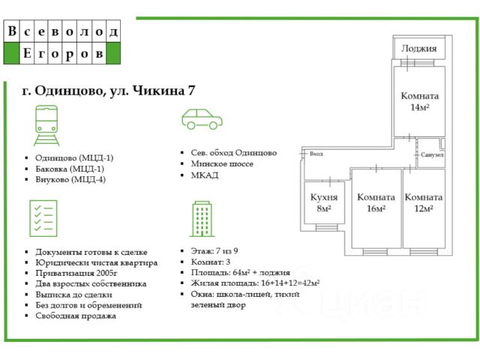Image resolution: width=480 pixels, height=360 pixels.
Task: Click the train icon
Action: pyautogui.click(x=46, y=125)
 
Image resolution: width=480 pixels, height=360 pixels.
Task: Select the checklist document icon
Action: pyautogui.click(x=42, y=218)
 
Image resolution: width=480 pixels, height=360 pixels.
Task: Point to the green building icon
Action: pyautogui.click(x=201, y=218)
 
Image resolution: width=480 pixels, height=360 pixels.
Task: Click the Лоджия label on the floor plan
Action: pyautogui.click(x=418, y=49)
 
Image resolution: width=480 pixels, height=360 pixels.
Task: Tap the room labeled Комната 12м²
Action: pyautogui.click(x=424, y=202)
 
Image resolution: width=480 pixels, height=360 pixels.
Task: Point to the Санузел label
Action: pyautogui.click(x=433, y=154)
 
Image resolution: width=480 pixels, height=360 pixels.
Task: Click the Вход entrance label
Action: pyautogui.click(x=316, y=154)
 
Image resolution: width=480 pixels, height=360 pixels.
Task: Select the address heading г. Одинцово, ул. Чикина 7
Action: pyautogui.click(x=109, y=91)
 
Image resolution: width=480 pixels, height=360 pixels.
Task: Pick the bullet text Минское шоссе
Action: pyautogui.click(x=223, y=163)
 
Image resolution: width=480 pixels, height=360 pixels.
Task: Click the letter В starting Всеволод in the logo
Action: pyautogui.click(x=12, y=31)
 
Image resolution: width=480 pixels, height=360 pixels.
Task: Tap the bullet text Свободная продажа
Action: pyautogui.click(x=76, y=316)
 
